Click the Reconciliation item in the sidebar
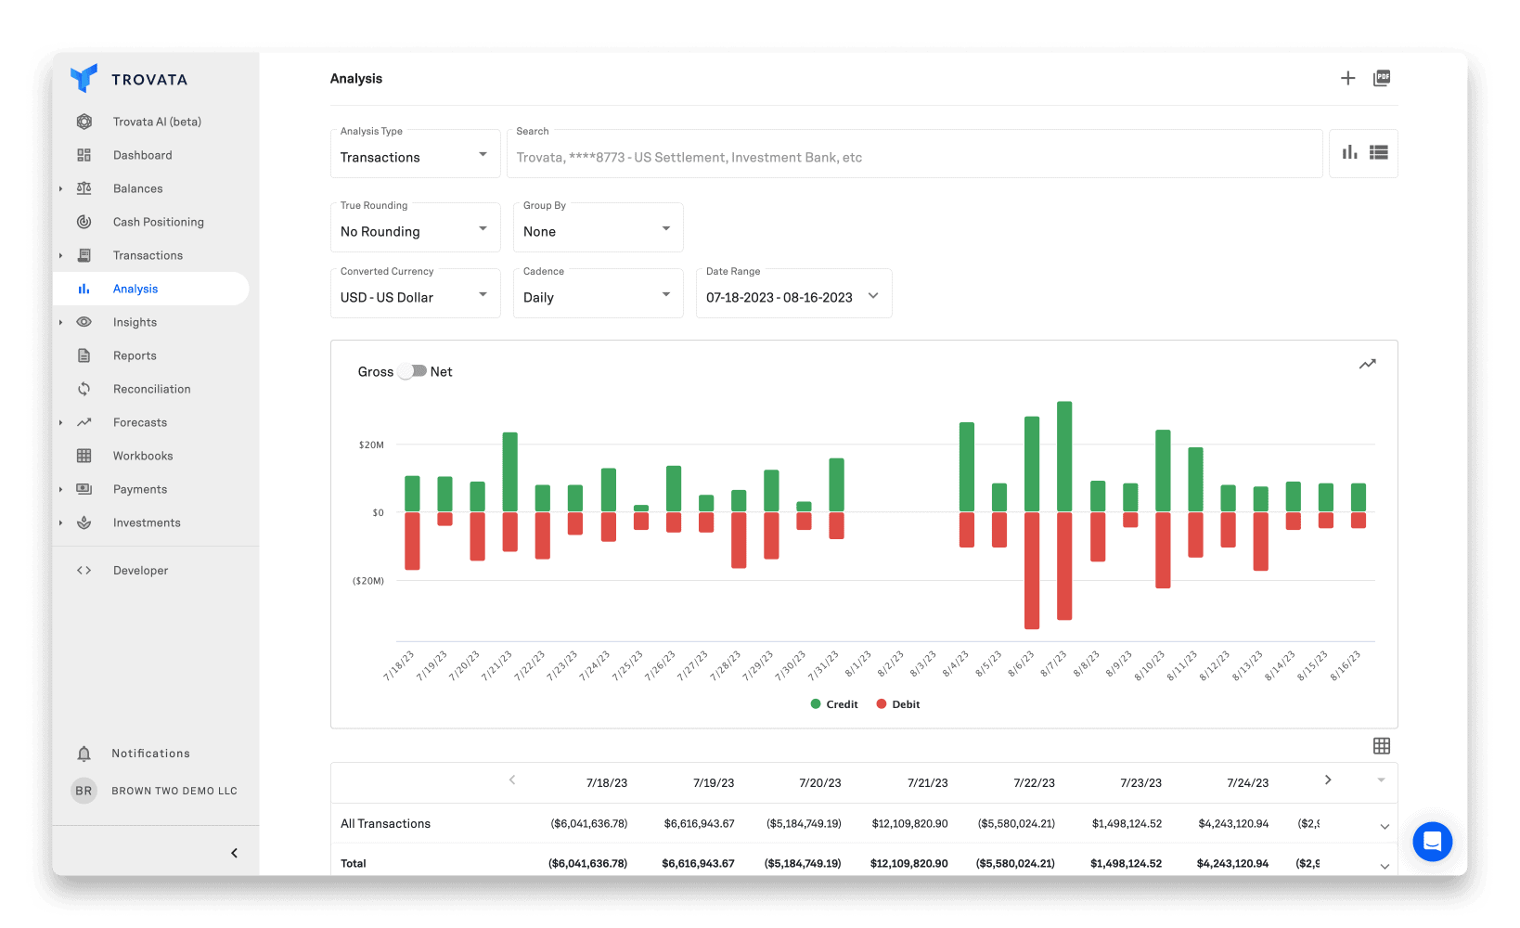coord(151,389)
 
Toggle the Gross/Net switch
coord(413,371)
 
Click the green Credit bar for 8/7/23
coord(1064,456)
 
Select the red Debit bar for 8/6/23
coord(1032,570)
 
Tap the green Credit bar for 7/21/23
coord(509,471)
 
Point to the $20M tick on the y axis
coord(371,445)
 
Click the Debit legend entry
coord(897,704)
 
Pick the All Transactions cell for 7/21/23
coord(909,824)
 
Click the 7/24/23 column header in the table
coord(1247,783)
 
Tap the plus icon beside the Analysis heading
coord(1347,79)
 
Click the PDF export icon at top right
coord(1382,79)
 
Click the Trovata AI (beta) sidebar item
coord(157,122)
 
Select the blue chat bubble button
coord(1432,842)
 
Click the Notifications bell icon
coord(84,754)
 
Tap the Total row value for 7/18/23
coord(587,864)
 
